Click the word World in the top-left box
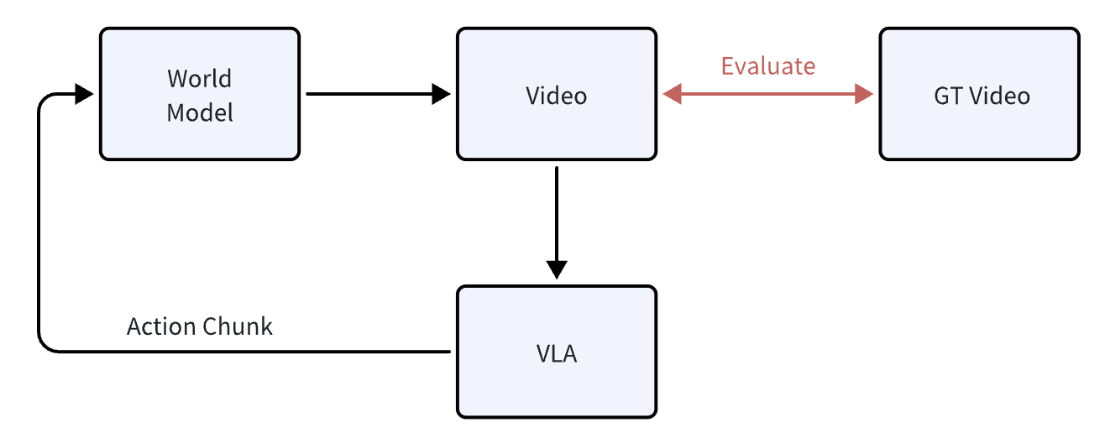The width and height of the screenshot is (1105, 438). [199, 78]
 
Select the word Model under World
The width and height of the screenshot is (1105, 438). [199, 112]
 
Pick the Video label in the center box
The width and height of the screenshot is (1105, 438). [556, 96]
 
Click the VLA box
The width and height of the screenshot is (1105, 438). [556, 352]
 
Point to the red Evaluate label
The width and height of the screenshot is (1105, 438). [767, 65]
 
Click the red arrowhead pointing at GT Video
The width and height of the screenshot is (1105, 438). [864, 94]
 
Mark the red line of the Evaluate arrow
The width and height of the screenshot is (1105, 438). [768, 94]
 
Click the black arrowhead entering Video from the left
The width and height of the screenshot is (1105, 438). [441, 94]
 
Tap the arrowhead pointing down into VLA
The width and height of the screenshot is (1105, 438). [556, 269]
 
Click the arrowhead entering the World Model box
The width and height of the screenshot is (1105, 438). [83, 94]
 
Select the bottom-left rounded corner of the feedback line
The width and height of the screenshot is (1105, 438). [44, 347]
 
